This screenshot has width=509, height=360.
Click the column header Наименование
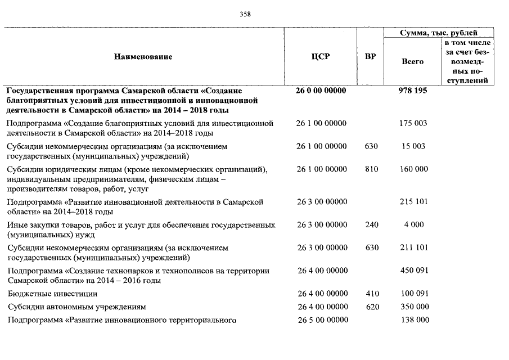[x=143, y=57]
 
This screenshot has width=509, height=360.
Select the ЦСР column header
[x=321, y=57]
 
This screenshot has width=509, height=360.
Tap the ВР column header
[x=371, y=57]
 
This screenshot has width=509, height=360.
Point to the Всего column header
[x=413, y=61]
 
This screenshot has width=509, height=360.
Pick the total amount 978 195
[x=413, y=91]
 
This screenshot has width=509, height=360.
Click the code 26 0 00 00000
[x=321, y=91]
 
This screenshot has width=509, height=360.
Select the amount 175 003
[x=413, y=123]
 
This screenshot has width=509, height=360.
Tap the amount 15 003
[x=413, y=146]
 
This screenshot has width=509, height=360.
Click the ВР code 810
[x=372, y=169]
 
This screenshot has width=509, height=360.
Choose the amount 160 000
[x=413, y=169]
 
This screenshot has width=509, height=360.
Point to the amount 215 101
[x=413, y=202]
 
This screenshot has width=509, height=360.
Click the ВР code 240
[x=372, y=225]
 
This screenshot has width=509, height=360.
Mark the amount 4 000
[x=413, y=225]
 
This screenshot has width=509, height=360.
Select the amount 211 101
[x=413, y=247]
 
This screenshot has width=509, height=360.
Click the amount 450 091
[x=413, y=271]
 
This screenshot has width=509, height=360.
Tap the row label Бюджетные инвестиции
[x=52, y=294]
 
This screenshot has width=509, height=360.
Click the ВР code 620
[x=372, y=307]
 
